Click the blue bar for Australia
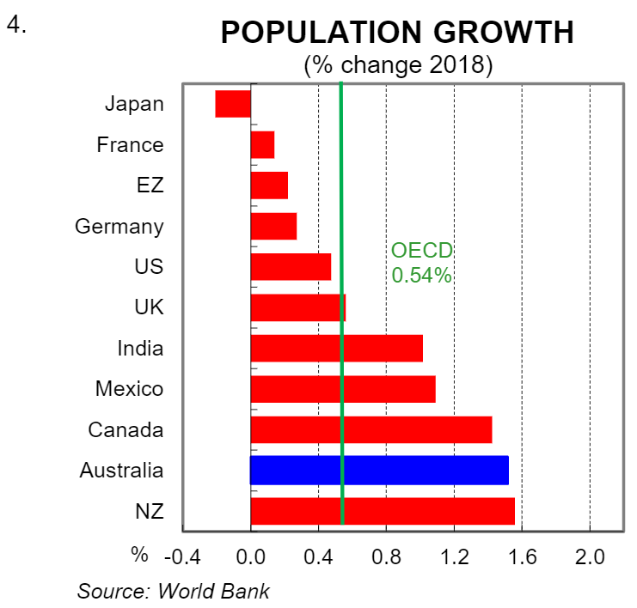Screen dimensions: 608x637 tap(379, 470)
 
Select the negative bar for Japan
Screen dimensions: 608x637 tap(233, 104)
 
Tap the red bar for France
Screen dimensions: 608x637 tap(262, 145)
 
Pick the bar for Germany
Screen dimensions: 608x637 tap(273, 227)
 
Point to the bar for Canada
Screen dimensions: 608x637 tap(371, 429)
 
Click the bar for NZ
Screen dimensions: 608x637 tap(383, 511)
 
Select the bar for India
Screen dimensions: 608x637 tap(336, 348)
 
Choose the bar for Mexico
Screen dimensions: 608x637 tap(342, 389)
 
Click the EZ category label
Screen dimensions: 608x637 tap(150, 185)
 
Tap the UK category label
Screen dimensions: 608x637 tap(149, 307)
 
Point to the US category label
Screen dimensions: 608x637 tap(149, 267)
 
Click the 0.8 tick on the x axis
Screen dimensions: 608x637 tap(386, 556)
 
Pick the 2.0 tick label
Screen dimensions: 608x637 tap(590, 556)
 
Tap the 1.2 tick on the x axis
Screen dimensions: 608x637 tap(454, 556)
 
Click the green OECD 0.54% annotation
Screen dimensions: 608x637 tap(421, 263)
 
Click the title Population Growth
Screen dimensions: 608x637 tap(397, 33)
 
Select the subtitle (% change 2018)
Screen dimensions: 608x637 tap(397, 65)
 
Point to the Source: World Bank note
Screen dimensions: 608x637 tap(174, 591)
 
